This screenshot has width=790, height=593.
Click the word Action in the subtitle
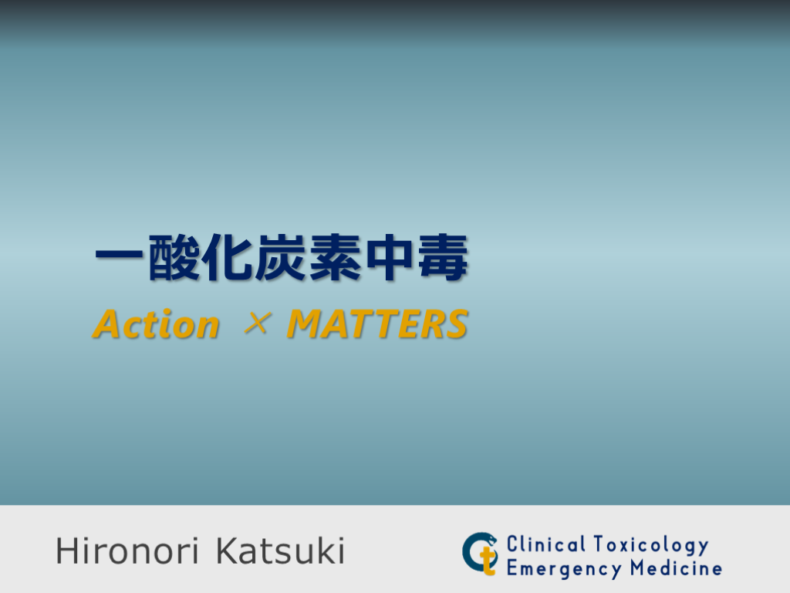pos(157,325)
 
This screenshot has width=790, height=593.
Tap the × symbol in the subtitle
pos(255,325)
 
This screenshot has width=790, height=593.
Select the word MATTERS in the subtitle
pos(377,325)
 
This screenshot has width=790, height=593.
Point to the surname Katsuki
pos(280,551)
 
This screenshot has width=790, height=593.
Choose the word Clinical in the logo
pos(546,544)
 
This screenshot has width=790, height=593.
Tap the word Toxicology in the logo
pos(651,545)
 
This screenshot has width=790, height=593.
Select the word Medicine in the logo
pos(676,569)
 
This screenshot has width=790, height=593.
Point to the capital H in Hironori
pos(66,551)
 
